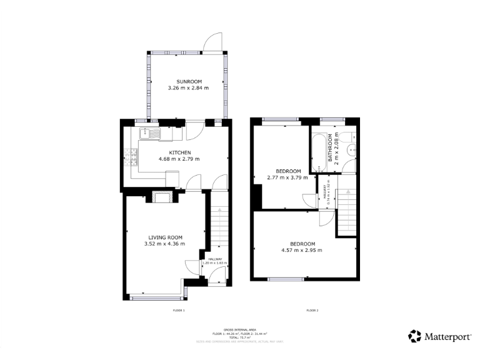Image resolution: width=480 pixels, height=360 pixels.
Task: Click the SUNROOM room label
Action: pyautogui.click(x=188, y=82)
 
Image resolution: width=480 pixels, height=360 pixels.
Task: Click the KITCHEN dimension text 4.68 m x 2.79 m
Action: pyautogui.click(x=179, y=159)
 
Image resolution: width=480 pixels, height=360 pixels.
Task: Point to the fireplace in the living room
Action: pyautogui.click(x=161, y=199)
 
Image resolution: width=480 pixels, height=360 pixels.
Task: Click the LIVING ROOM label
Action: pyautogui.click(x=165, y=237)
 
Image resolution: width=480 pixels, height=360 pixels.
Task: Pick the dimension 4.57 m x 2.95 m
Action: pyautogui.click(x=302, y=251)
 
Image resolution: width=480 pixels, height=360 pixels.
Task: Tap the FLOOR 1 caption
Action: pyautogui.click(x=179, y=310)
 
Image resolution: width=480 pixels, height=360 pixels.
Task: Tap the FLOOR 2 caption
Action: pyautogui.click(x=312, y=310)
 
